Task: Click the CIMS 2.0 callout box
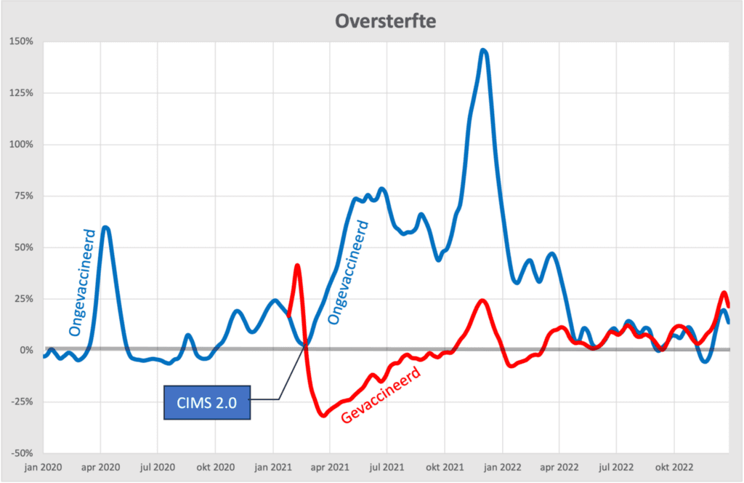pyautogui.click(x=207, y=403)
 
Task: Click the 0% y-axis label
pyautogui.click(x=25, y=350)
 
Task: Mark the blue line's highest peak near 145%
pyautogui.click(x=483, y=50)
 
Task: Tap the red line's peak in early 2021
pyautogui.click(x=297, y=266)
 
